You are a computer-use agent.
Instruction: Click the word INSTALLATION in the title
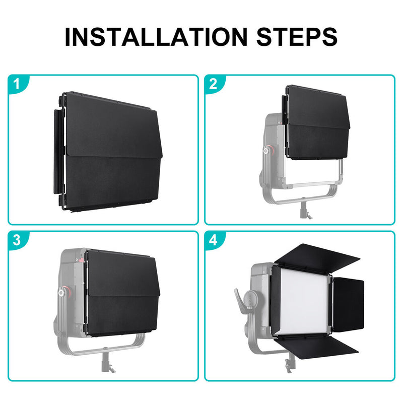coord(156,37)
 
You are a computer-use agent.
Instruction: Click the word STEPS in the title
coord(297,37)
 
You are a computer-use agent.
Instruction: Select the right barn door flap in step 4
coord(348,303)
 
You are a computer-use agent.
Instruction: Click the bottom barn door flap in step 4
coord(316,347)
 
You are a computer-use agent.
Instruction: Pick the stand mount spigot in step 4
coord(289,362)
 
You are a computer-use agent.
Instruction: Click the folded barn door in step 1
coord(108,152)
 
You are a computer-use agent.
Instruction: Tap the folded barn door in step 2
coord(317,122)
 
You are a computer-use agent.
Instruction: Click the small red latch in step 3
coord(81,260)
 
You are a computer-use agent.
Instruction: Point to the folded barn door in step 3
coord(121,293)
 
